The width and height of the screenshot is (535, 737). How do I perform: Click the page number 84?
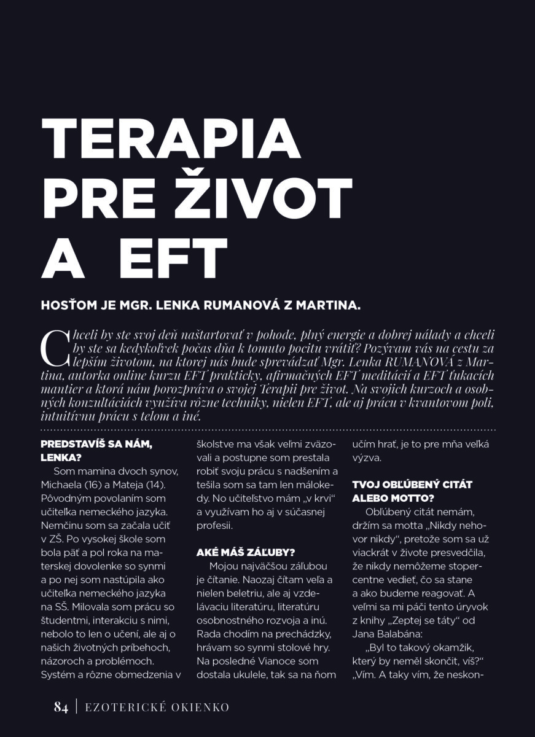click(x=61, y=708)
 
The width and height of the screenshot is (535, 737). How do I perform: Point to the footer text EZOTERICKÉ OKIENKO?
click(x=157, y=708)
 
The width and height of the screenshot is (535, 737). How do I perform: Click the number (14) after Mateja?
click(x=155, y=484)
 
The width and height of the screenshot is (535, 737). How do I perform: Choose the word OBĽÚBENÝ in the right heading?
click(x=408, y=485)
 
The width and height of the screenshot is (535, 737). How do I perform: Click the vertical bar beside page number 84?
click(x=77, y=708)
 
